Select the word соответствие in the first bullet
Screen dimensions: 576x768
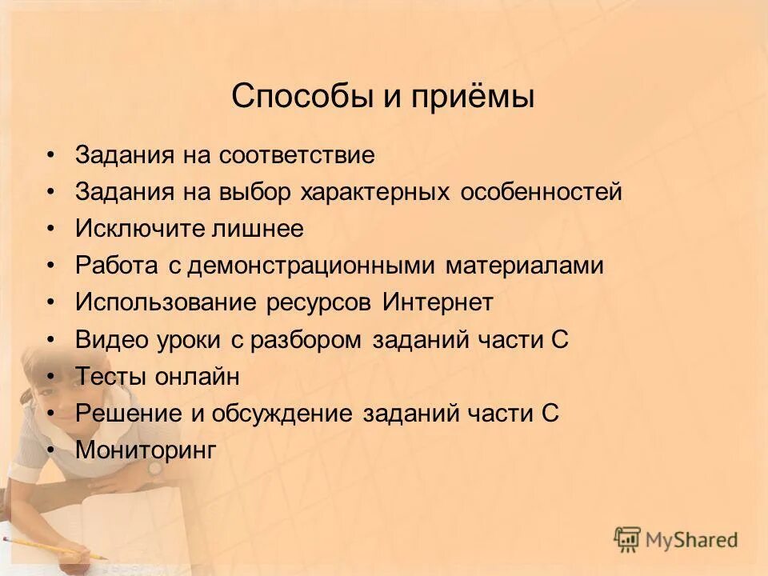[x=296, y=154]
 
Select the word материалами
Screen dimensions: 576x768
[x=525, y=266]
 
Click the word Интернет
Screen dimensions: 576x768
[x=438, y=302]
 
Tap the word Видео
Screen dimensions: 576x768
[x=111, y=339]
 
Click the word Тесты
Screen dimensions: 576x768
[x=109, y=376]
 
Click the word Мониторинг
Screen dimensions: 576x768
[x=146, y=450]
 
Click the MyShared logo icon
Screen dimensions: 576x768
[x=628, y=540]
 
